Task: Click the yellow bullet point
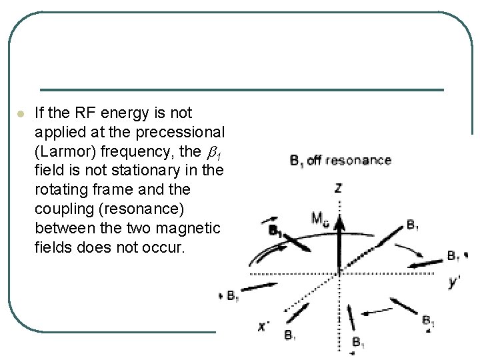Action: coord(21,114)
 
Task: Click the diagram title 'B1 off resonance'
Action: coord(340,161)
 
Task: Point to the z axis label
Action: coord(338,189)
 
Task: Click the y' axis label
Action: coord(455,283)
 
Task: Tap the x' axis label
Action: coord(264,326)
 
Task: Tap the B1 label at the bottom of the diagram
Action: coord(358,343)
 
